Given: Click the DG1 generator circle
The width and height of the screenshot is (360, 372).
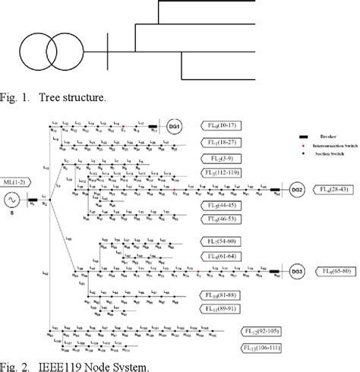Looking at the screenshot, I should (172, 128).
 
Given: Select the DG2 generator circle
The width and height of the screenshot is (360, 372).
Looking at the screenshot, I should (297, 190).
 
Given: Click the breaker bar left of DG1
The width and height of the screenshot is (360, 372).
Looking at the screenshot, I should (153, 128).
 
